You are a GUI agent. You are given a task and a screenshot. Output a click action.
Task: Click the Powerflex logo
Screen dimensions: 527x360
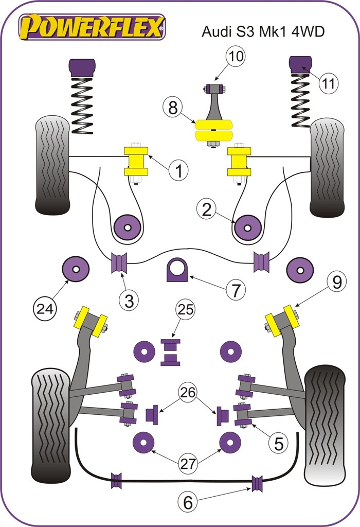click(93, 26)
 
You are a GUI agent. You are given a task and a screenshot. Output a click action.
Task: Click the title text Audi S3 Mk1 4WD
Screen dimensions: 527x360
click(262, 31)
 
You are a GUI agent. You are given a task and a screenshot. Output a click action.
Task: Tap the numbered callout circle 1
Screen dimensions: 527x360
click(179, 170)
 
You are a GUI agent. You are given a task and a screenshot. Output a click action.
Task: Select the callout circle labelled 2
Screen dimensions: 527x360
click(207, 209)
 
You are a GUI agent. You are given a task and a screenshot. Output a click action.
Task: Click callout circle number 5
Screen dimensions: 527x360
click(278, 443)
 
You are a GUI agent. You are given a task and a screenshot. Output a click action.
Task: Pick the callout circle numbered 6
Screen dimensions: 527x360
click(188, 502)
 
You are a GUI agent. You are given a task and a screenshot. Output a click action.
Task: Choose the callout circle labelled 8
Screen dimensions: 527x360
click(173, 109)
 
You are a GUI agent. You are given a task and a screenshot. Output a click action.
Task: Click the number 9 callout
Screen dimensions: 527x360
click(336, 283)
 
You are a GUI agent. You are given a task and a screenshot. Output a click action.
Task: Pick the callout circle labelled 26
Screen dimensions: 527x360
click(188, 393)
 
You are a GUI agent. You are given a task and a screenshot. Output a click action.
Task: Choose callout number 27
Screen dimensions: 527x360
click(188, 463)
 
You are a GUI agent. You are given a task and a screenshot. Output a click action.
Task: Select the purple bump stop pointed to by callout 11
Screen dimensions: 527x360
click(302, 64)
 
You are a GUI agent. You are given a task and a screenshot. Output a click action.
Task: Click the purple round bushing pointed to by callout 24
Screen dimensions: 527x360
click(75, 269)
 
